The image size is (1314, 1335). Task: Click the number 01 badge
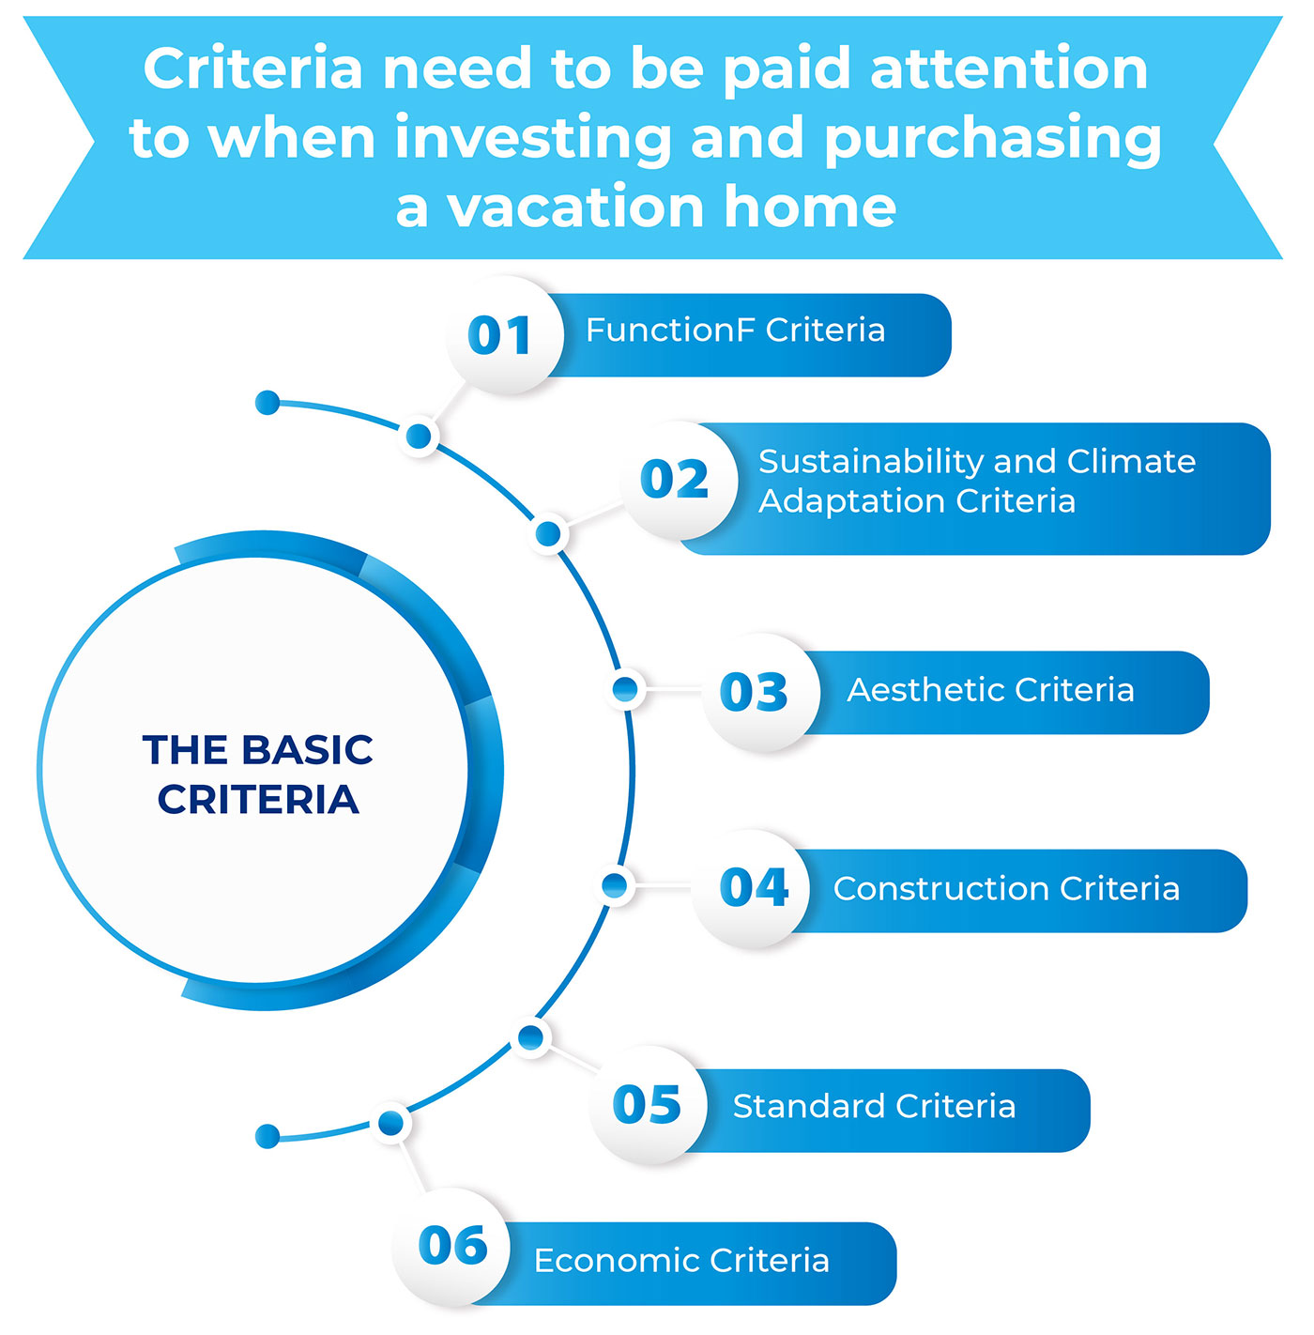504,335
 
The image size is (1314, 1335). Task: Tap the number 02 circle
679,480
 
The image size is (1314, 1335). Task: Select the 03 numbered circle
760,692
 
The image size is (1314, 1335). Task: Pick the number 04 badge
751,888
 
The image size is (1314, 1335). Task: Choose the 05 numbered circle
648,1105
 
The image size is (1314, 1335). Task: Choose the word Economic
615,1260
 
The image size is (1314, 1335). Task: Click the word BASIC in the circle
307,749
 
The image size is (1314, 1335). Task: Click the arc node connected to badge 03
625,689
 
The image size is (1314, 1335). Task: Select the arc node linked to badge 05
531,1037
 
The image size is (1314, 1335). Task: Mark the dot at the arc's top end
267,403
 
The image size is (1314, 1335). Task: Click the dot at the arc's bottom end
267,1136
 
